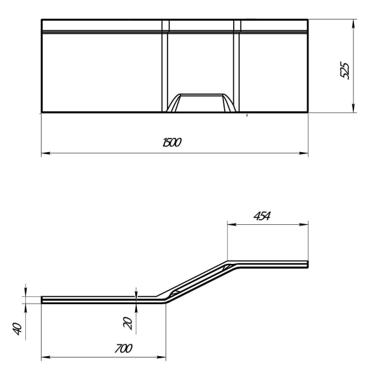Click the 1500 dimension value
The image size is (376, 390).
[172, 142]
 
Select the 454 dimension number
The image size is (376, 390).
[263, 216]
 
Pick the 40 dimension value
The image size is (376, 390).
[18, 328]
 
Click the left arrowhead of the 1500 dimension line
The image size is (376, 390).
[44, 154]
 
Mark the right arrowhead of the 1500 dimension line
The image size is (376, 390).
[305, 154]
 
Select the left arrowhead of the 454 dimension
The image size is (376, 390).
[231, 225]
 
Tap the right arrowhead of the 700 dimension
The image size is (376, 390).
[163, 357]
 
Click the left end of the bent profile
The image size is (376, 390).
[43, 300]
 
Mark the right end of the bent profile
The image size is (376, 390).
[307, 263]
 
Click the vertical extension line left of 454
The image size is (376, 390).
[227, 240]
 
